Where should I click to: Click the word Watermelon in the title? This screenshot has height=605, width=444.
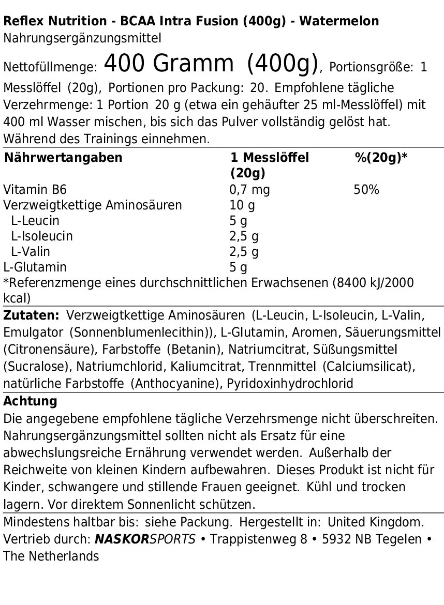(x=339, y=21)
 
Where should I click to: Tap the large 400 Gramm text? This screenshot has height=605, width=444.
(x=169, y=64)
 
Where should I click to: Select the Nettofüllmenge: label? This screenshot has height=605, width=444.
(x=50, y=68)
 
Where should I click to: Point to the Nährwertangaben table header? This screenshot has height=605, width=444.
(x=63, y=158)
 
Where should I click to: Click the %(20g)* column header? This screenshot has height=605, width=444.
(x=381, y=158)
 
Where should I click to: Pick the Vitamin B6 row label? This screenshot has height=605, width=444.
(x=35, y=190)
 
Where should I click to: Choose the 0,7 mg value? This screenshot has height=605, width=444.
(x=249, y=190)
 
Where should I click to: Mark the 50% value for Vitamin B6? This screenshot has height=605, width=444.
(x=366, y=190)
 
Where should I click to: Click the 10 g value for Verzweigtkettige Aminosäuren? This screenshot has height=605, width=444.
(x=242, y=205)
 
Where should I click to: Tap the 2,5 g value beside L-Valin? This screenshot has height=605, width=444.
(x=244, y=252)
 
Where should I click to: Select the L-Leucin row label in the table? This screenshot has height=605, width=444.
(x=35, y=221)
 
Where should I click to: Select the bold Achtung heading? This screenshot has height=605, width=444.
(x=30, y=401)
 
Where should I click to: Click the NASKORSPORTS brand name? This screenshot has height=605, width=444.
(x=145, y=539)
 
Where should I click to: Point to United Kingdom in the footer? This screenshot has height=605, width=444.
(x=376, y=522)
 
